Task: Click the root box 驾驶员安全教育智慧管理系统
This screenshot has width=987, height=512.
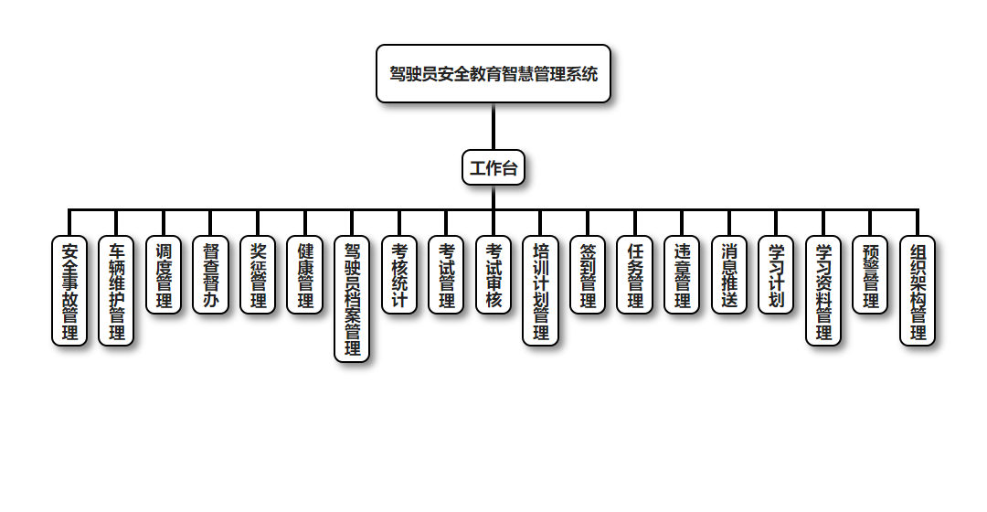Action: (493, 73)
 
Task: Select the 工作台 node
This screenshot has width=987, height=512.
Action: (493, 167)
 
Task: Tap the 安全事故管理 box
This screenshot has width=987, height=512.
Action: (69, 291)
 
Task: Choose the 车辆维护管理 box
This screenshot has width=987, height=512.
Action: (117, 291)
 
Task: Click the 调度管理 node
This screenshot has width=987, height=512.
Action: (164, 275)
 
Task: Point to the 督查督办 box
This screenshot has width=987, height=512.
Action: (211, 275)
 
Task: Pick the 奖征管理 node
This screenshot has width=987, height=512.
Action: (258, 275)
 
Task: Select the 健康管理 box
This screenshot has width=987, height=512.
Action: (305, 275)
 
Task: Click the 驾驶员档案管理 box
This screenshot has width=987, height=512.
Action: (352, 299)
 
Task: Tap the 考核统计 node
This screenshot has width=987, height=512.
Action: (399, 275)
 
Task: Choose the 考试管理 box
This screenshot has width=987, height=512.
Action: (447, 275)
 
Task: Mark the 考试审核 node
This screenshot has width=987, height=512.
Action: (493, 275)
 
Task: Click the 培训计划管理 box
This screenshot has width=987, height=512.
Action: (541, 291)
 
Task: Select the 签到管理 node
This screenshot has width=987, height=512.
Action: (588, 275)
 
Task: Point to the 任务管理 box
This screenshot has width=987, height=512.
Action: (635, 275)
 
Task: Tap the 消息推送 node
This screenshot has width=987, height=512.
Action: (729, 275)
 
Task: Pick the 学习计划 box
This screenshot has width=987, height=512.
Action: (777, 275)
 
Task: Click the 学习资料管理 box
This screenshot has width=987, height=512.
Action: (823, 291)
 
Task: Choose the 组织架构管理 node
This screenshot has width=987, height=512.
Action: (918, 291)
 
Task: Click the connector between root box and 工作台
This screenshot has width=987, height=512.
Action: (493, 126)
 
